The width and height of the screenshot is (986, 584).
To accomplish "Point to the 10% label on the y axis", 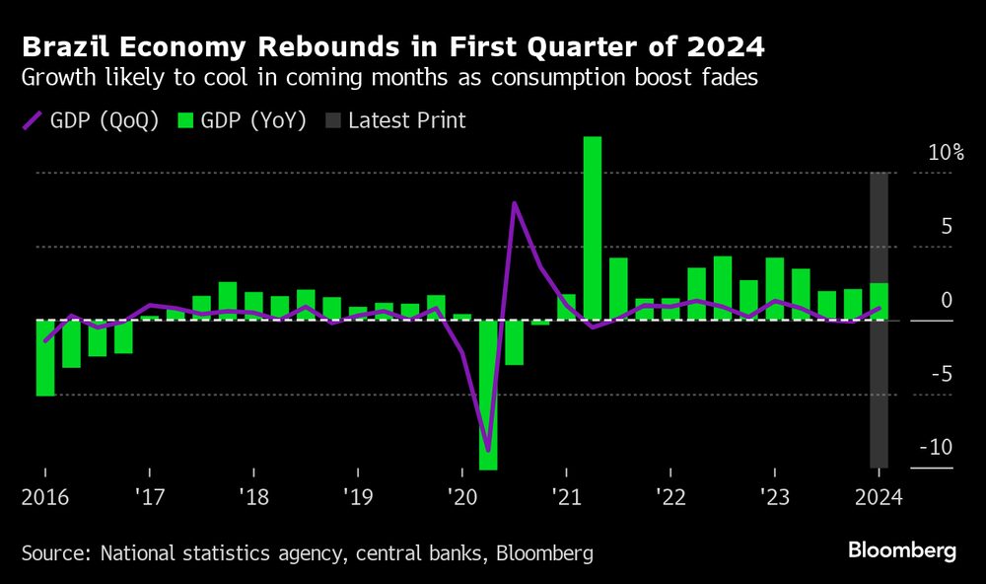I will tap(945, 154).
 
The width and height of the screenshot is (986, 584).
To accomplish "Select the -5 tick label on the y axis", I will tap(939, 374).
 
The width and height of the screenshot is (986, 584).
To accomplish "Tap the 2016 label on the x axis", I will tap(44, 495).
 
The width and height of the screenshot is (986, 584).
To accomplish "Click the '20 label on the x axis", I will tap(460, 495).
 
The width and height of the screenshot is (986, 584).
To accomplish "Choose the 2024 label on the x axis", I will tap(878, 495).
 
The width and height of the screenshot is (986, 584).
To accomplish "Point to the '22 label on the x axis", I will tap(669, 495).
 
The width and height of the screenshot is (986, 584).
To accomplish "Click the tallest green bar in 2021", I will tap(592, 227).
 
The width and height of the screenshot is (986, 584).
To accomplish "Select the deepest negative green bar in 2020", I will tap(487, 395).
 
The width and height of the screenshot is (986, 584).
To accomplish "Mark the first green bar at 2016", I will tap(44, 357).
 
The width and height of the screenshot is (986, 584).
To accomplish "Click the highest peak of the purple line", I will tap(514, 203).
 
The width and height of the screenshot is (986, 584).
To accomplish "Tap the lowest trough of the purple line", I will tap(487, 450).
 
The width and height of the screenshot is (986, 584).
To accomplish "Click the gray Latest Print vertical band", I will tap(879, 395).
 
